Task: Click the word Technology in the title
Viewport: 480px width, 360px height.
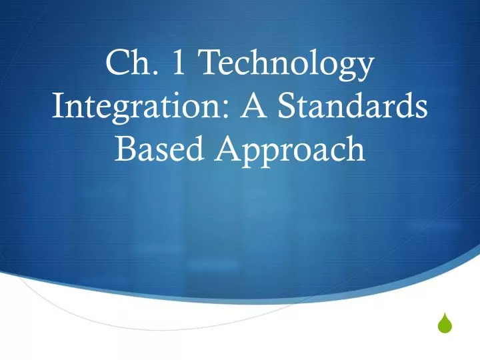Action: click(x=287, y=66)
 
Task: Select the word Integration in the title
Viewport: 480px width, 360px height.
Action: click(x=133, y=107)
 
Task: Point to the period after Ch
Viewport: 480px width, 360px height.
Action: click(x=155, y=75)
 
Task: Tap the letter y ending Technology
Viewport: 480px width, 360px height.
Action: click(x=364, y=69)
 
